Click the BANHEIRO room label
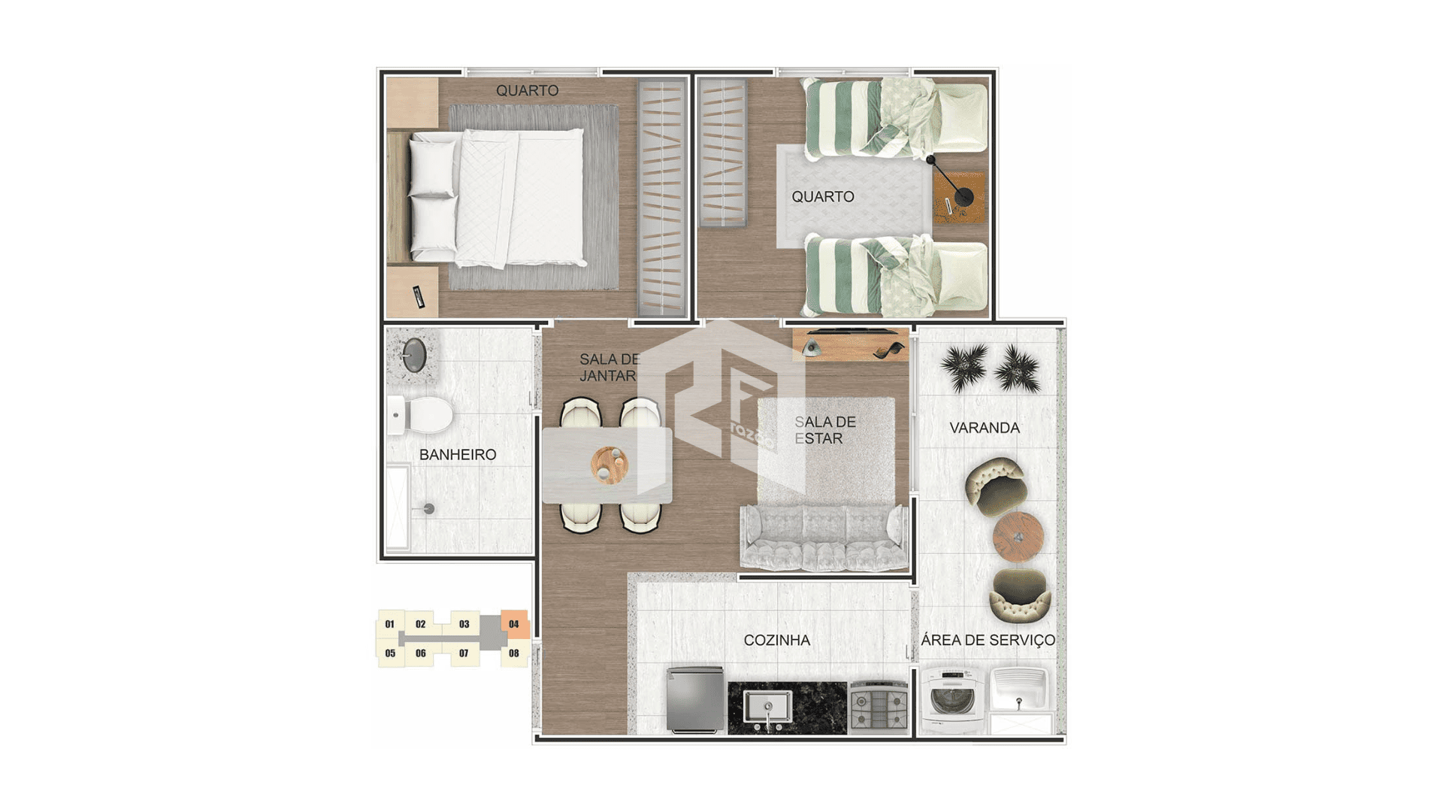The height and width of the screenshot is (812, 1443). tap(458, 455)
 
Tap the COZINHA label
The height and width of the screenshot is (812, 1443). tap(776, 641)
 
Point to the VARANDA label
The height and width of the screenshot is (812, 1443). tap(985, 428)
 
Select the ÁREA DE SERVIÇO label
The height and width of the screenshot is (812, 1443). tap(988, 640)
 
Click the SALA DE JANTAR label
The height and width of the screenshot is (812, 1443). tap(609, 368)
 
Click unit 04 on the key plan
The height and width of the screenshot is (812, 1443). tap(514, 624)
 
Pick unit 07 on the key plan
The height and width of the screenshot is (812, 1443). tap(464, 653)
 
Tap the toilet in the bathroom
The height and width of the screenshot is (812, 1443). tap(420, 415)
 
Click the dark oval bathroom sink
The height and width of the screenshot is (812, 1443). tap(414, 355)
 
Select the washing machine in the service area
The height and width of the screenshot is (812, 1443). tap(951, 699)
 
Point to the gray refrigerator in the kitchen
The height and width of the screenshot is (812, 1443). tap(695, 699)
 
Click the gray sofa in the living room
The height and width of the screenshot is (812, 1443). tap(824, 536)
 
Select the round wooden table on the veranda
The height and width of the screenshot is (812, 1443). tap(1018, 537)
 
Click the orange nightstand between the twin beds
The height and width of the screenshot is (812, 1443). tap(959, 197)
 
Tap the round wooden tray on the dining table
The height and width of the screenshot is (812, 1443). tap(610, 465)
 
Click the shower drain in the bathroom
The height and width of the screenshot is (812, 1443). tap(429, 509)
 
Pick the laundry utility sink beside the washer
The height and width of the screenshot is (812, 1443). tap(1020, 689)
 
